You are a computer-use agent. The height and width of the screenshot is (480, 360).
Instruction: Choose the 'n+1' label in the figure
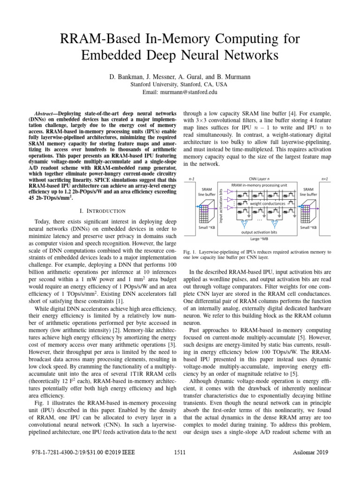pyautogui.click(x=324, y=179)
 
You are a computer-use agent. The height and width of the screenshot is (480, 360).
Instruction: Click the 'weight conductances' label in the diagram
pyautogui.click(x=267, y=204)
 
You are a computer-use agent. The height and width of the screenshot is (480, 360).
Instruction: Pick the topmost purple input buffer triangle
pyautogui.click(x=229, y=191)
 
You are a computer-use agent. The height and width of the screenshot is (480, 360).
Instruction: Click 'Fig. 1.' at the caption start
pyautogui.click(x=192, y=252)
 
